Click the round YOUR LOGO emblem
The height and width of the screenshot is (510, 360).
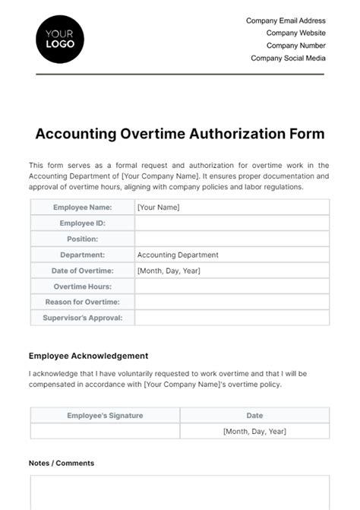point(60,39)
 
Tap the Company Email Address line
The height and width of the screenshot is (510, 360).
point(286,21)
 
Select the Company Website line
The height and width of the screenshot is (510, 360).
point(295,33)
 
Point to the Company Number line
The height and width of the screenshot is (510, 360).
point(295,46)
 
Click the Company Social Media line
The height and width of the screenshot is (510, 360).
point(288,58)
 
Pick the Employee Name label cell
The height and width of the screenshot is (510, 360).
point(82,207)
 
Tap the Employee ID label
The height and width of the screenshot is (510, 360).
point(82,223)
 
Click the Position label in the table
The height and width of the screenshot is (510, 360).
point(82,239)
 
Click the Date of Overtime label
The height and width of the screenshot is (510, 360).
point(82,271)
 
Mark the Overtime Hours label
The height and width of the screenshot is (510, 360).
point(82,287)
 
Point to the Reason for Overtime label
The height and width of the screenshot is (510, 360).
point(82,303)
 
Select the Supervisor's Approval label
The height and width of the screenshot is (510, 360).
point(82,318)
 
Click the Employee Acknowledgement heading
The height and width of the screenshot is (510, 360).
point(88,356)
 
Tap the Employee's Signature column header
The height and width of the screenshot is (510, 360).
point(105,416)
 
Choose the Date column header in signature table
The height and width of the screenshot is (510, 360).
point(254,416)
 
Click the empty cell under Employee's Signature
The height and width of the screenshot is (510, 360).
point(105,431)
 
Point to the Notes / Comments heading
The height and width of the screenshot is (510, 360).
point(62,463)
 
